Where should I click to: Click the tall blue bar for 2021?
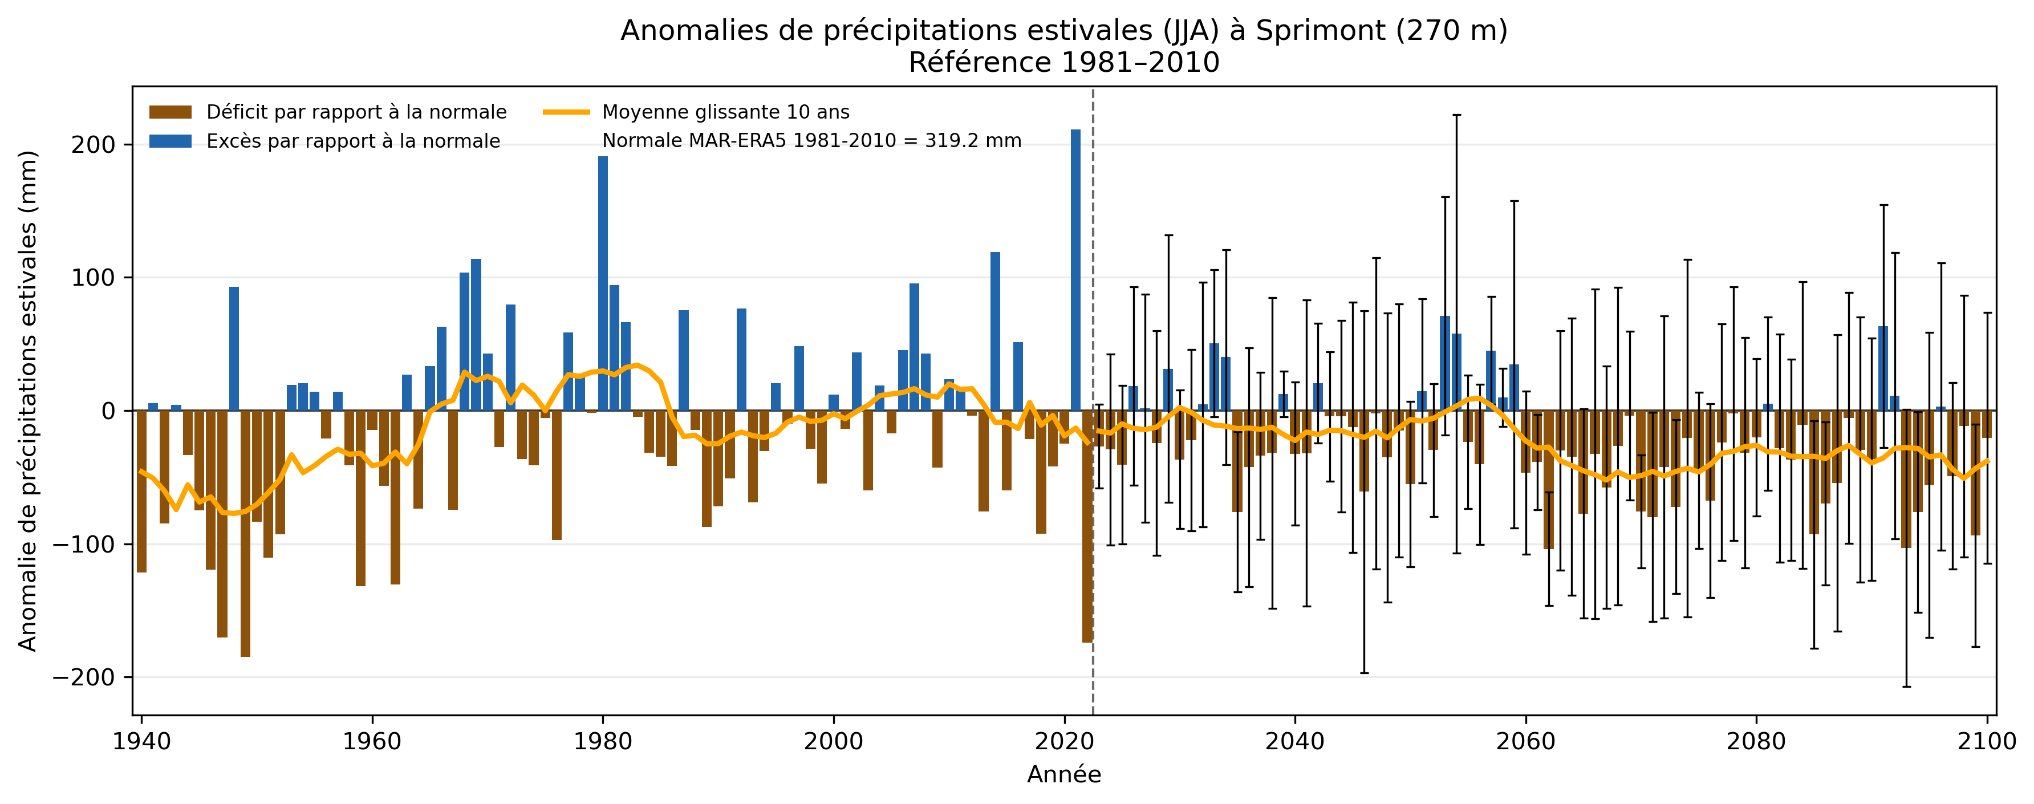[x=1075, y=269]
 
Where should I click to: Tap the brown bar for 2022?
[x=1087, y=525]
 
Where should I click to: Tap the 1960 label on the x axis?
[x=372, y=742]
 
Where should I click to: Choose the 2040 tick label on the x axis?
[x=1295, y=742]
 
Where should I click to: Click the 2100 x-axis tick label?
[x=1987, y=742]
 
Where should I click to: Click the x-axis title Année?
[x=1063, y=775]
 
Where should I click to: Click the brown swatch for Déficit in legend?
[x=170, y=112]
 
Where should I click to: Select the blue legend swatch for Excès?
[x=170, y=141]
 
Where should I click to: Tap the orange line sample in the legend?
[x=566, y=112]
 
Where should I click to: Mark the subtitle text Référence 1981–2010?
[x=1063, y=62]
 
